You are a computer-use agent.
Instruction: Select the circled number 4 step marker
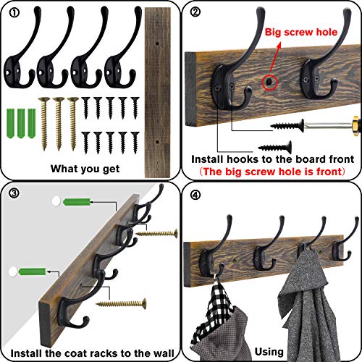(x=193, y=194)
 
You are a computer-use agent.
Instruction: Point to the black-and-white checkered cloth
(x=217, y=319)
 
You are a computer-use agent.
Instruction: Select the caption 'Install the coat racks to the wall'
(x=90, y=351)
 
